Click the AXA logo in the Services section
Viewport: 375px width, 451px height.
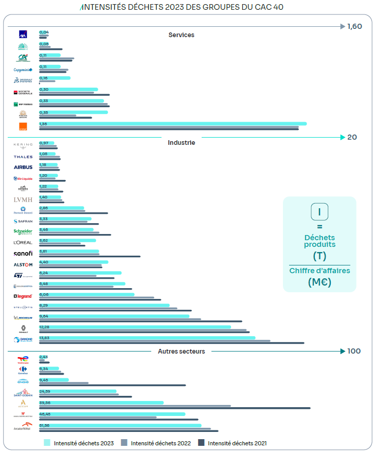tap(23, 35)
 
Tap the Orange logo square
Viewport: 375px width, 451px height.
tap(23, 126)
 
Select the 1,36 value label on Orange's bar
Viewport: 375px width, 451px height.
tap(43, 124)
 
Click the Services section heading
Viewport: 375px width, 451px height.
tap(181, 35)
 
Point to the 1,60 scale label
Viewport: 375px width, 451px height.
tap(355, 26)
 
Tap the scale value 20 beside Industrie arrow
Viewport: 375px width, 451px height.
tap(352, 137)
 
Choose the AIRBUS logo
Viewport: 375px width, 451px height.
tap(23, 168)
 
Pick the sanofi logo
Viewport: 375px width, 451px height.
tap(23, 254)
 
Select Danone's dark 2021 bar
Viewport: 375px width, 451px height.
tap(171, 343)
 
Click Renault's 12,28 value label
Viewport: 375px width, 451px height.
tap(45, 327)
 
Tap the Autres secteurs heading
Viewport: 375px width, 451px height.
tap(181, 352)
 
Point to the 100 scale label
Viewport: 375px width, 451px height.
tap(354, 351)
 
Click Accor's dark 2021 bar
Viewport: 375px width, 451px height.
tap(175, 408)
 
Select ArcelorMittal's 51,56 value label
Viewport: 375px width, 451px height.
tap(45, 425)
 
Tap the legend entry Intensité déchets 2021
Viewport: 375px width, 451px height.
tap(237, 443)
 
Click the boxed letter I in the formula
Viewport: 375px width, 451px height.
tap(319, 212)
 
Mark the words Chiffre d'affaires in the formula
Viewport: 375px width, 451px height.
tap(319, 271)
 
